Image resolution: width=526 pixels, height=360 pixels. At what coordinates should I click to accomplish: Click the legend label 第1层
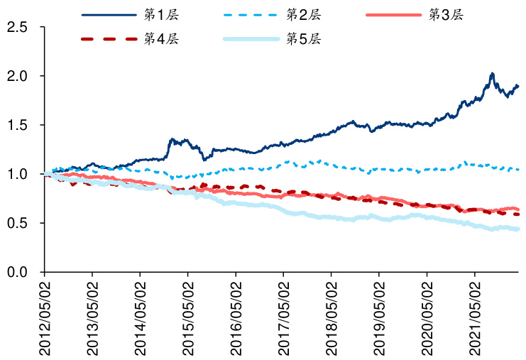160,15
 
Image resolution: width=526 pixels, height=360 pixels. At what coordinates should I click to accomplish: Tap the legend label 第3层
446,15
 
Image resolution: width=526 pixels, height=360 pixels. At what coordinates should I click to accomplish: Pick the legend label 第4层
160,38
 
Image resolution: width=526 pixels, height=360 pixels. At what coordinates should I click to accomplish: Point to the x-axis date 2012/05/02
44,315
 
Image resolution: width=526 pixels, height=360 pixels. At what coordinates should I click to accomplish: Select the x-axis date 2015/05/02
187,315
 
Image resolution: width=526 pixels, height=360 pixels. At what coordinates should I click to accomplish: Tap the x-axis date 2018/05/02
331,315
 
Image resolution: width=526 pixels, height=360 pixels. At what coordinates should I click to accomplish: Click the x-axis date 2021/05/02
474,315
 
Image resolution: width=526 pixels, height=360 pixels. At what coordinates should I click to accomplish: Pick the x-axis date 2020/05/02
427,315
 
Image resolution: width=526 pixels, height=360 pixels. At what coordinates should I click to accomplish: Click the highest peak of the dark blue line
492,73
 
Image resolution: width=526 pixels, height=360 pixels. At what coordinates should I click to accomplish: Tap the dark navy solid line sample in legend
109,15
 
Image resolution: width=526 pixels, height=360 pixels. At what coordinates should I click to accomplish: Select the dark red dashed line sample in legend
109,38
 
